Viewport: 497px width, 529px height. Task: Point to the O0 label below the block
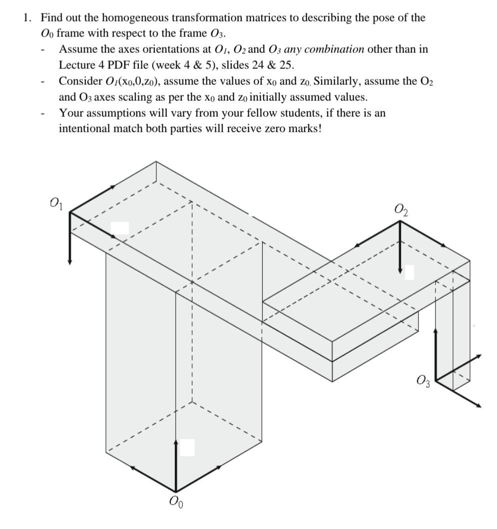[176, 501]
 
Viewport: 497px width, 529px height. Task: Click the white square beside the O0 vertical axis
[187, 447]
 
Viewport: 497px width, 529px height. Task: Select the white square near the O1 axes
[119, 228]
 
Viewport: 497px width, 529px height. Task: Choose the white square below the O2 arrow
[409, 272]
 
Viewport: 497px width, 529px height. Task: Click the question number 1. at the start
[27, 18]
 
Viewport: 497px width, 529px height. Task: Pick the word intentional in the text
[83, 128]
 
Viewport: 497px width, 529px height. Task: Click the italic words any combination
[334, 49]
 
